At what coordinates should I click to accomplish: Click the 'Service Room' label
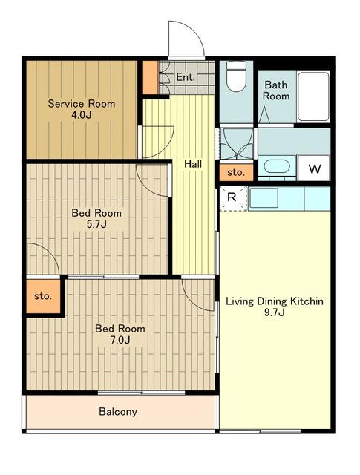tap(82, 104)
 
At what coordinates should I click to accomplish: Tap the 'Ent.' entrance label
tap(185, 77)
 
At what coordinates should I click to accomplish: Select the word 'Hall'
tap(193, 164)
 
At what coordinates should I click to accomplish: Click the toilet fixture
tap(236, 76)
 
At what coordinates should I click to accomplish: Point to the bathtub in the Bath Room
tap(313, 96)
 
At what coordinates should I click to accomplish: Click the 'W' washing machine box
tap(314, 168)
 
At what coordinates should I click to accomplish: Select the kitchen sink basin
tap(264, 198)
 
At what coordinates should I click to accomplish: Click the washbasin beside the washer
tap(277, 166)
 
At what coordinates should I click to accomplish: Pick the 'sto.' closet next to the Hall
tap(236, 172)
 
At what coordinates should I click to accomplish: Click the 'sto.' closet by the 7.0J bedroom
tap(43, 296)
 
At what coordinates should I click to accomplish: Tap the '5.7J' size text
tap(96, 224)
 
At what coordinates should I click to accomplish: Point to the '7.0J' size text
tap(120, 340)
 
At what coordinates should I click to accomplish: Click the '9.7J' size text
tap(275, 312)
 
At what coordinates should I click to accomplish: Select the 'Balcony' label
tap(118, 412)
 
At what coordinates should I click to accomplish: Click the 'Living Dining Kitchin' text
tap(275, 301)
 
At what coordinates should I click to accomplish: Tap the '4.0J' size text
tap(81, 115)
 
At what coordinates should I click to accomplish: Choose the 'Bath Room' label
tap(276, 91)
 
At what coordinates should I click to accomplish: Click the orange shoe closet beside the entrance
tap(150, 77)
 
